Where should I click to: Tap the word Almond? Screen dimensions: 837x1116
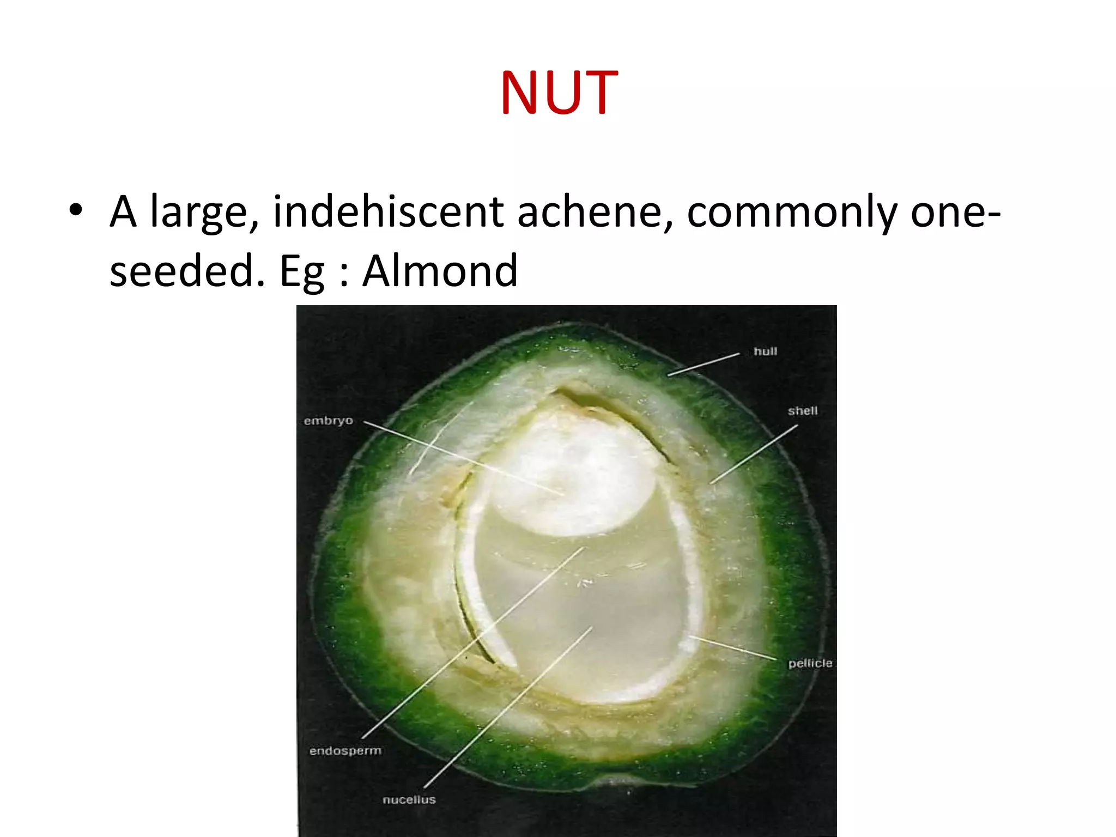[x=440, y=271]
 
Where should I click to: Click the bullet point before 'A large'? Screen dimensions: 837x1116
[x=76, y=210]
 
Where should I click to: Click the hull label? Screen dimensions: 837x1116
[x=765, y=351]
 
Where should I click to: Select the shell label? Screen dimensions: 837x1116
[x=803, y=411]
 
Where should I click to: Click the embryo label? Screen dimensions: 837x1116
[x=328, y=421]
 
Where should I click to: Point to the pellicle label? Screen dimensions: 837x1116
[x=810, y=663]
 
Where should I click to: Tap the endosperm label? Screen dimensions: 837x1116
[x=345, y=751]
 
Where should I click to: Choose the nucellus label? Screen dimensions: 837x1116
[x=409, y=799]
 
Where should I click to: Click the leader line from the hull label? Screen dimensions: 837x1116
[x=703, y=364]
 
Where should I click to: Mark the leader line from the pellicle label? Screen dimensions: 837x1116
[x=733, y=648]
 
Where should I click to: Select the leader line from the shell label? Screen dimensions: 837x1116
[x=754, y=454]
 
